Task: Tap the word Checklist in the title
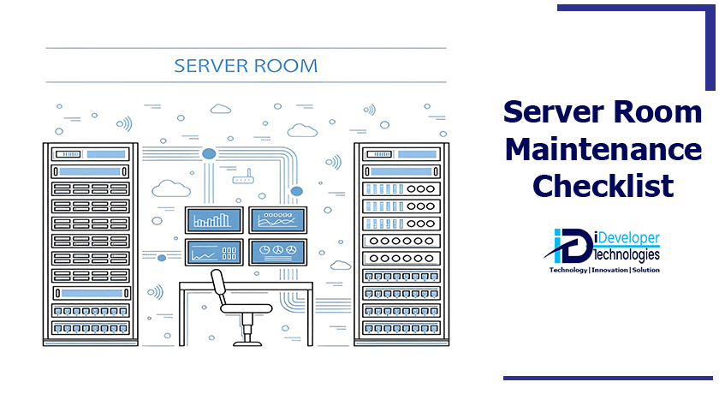pyautogui.click(x=602, y=185)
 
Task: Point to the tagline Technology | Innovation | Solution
pyautogui.click(x=603, y=269)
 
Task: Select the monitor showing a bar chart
pyautogui.click(x=214, y=220)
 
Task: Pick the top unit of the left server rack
pyautogui.click(x=91, y=154)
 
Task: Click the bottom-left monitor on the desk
pyautogui.click(x=214, y=252)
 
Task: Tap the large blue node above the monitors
pyautogui.click(x=209, y=153)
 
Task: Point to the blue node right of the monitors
pyautogui.click(x=297, y=190)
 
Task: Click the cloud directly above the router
pyautogui.click(x=221, y=109)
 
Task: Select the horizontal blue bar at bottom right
pyautogui.click(x=608, y=377)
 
